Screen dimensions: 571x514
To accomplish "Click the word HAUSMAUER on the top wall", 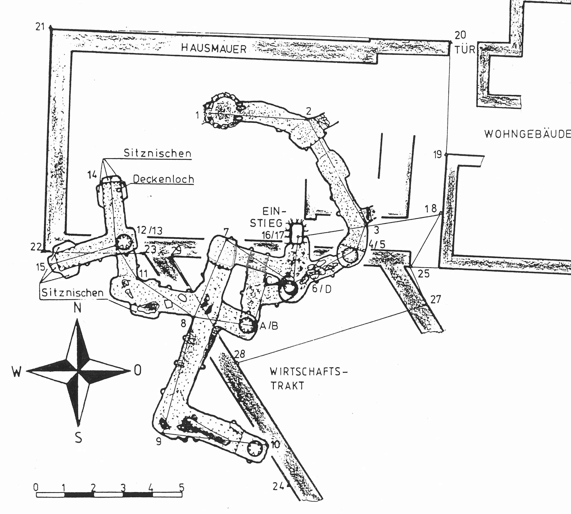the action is [x=214, y=49].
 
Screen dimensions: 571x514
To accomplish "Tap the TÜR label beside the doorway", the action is [x=465, y=50].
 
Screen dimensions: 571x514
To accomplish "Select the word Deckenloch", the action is [x=164, y=179].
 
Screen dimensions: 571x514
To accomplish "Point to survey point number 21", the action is [x=40, y=27].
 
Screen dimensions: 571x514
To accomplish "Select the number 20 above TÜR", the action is [x=460, y=35].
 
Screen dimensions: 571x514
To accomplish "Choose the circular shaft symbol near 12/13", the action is [x=124, y=242].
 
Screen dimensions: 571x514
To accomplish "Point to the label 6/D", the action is [x=322, y=289].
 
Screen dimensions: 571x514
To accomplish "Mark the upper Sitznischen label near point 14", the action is [x=158, y=153].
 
